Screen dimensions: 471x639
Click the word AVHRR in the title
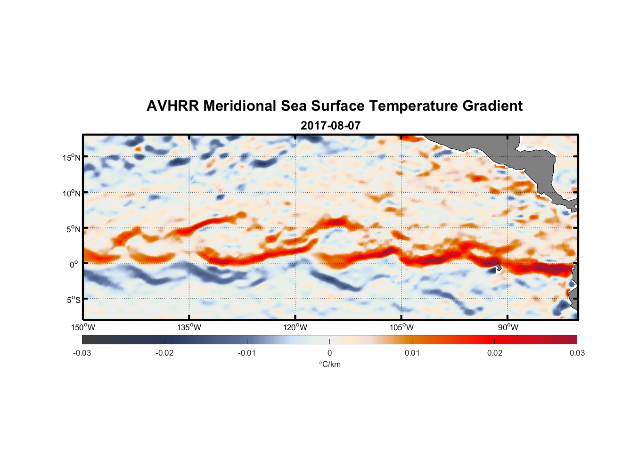(x=173, y=106)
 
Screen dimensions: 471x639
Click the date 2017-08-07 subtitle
(x=330, y=126)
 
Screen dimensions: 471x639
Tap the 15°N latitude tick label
(x=71, y=157)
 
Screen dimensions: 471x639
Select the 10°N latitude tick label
(x=71, y=193)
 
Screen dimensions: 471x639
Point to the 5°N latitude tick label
(x=73, y=229)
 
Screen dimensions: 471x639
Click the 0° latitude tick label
(x=74, y=265)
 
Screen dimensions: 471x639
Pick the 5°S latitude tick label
(x=73, y=300)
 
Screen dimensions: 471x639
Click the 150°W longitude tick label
(x=83, y=327)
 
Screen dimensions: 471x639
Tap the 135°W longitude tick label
(x=189, y=327)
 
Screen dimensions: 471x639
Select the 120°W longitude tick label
(x=295, y=327)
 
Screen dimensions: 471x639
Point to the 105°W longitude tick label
(x=401, y=327)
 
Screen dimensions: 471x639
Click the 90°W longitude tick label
(x=508, y=327)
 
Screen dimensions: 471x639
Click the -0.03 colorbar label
(x=82, y=353)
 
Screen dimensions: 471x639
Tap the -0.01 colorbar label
(x=247, y=353)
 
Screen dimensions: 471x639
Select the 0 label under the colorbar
(x=329, y=353)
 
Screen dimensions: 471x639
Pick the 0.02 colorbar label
(x=494, y=353)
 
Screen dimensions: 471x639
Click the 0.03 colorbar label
(x=577, y=353)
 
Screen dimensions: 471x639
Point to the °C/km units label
(x=329, y=364)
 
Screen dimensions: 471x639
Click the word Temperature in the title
(x=413, y=106)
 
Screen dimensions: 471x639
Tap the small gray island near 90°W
(x=499, y=267)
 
